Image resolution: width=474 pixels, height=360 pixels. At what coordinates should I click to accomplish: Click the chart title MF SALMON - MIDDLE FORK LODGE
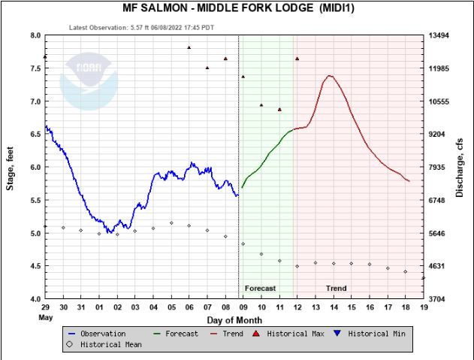[238, 8]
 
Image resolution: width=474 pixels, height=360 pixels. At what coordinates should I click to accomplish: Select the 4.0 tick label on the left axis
[35, 299]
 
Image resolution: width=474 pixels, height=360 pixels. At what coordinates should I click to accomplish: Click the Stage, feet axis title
[11, 167]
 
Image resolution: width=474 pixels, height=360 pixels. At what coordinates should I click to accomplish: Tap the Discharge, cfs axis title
[460, 167]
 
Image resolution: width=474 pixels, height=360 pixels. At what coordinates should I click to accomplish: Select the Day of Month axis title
[234, 320]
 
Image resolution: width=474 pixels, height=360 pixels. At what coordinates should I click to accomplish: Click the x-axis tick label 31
[81, 307]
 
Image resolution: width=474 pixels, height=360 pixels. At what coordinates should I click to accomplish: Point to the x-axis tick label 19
[424, 307]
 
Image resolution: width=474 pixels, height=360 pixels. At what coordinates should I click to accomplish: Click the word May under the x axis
[46, 316]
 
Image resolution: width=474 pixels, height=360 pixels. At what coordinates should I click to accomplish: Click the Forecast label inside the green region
[261, 289]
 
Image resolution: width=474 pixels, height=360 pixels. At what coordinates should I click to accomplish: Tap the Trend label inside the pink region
[337, 289]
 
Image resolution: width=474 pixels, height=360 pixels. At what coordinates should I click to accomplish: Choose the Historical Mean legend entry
[104, 344]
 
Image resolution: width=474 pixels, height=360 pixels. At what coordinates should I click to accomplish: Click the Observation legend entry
[98, 334]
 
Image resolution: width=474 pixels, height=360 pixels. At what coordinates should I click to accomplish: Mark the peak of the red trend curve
[329, 75]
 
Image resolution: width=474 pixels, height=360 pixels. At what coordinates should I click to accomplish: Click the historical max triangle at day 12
[297, 59]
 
